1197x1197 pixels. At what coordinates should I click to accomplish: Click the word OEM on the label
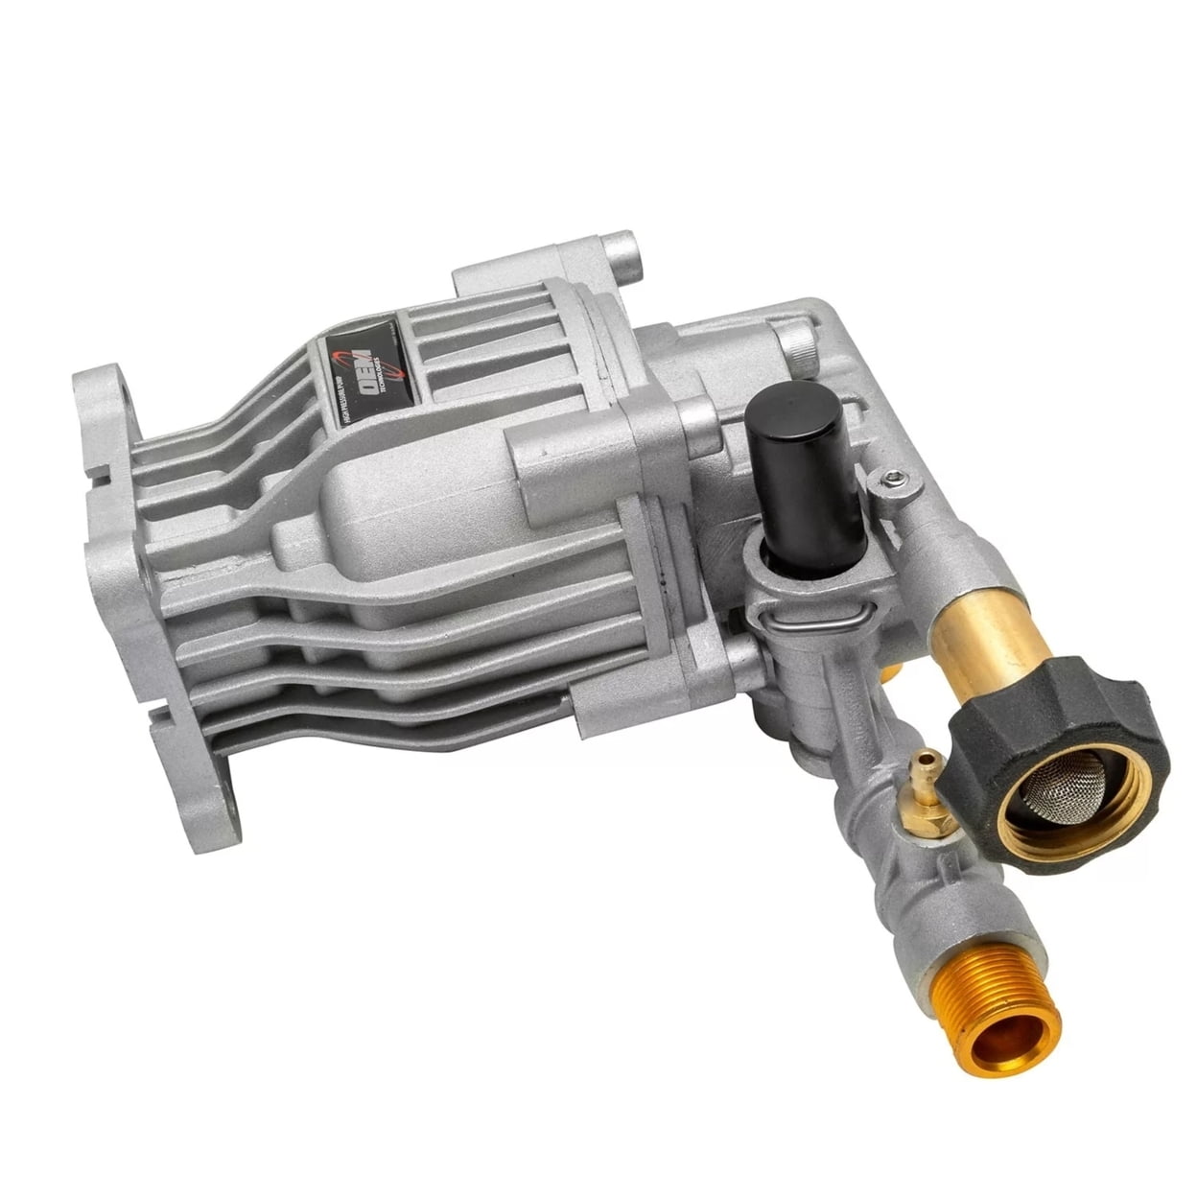(367, 368)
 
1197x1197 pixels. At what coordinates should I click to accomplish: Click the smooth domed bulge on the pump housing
(403, 508)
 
